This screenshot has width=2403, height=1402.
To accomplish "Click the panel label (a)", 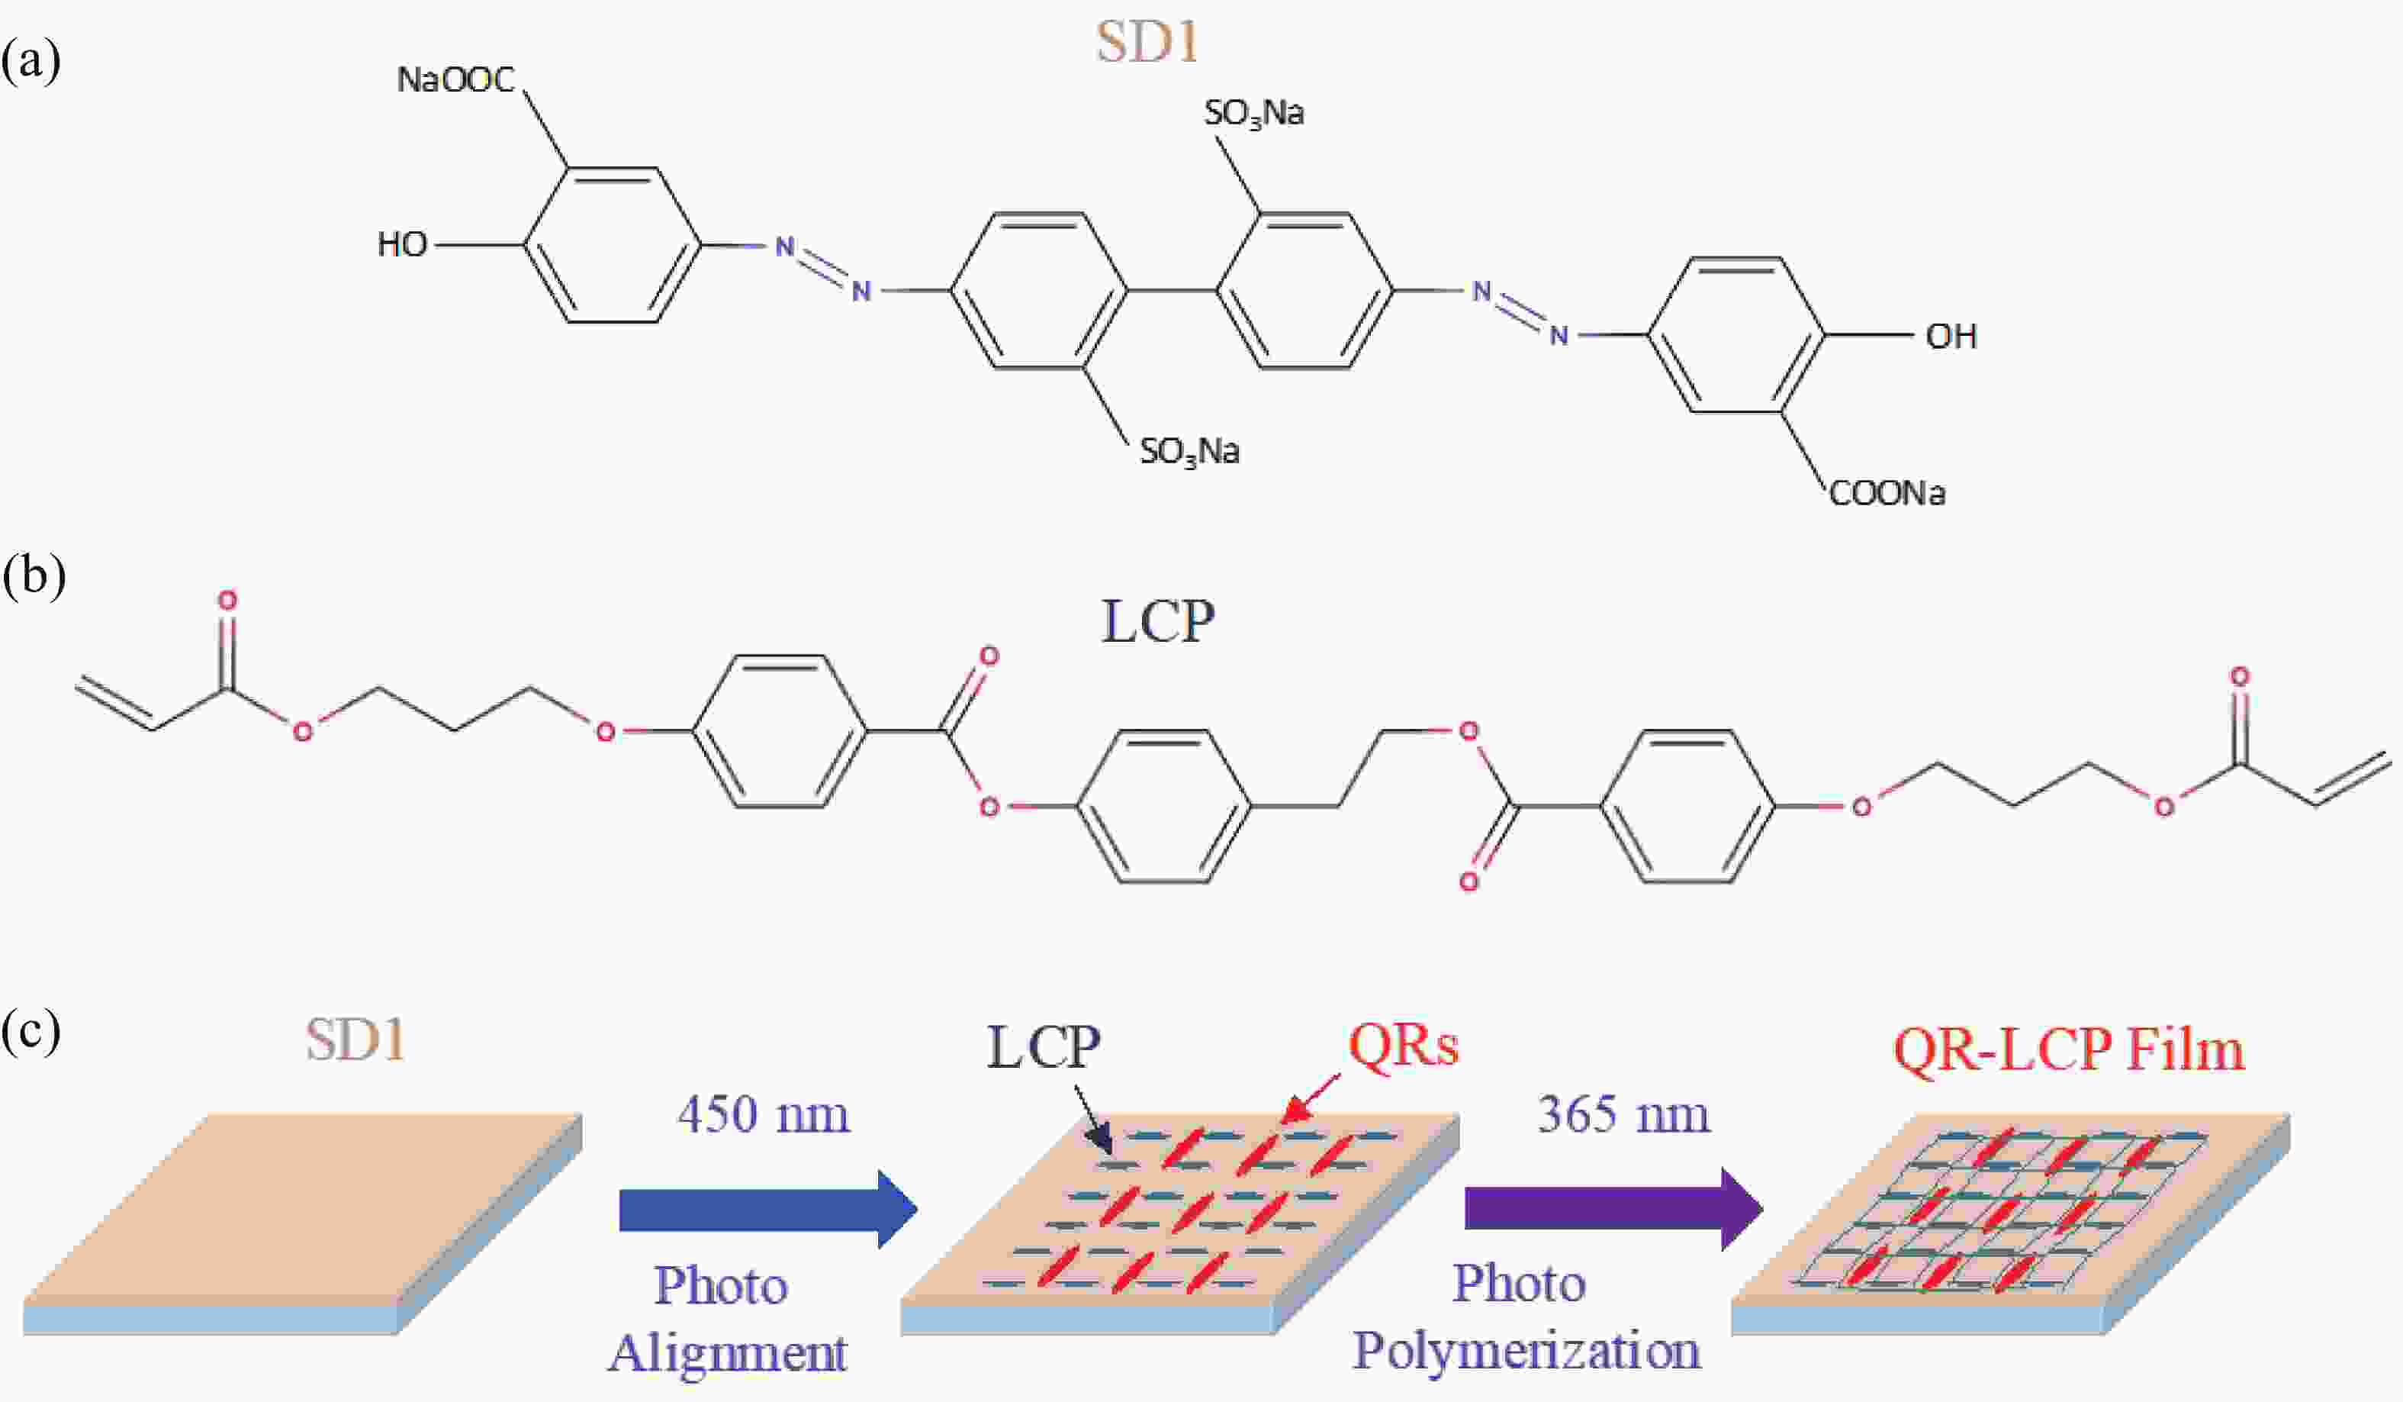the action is point(31,61).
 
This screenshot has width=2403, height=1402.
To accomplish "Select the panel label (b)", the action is point(34,578).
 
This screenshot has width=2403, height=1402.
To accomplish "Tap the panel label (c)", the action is point(31,1033).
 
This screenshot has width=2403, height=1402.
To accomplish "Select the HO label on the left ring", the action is point(401,244).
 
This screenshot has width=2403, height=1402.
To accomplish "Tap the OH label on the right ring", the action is point(1951,336).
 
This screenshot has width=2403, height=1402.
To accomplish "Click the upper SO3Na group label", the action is point(1254,114).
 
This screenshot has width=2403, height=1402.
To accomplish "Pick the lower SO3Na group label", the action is point(1190,451).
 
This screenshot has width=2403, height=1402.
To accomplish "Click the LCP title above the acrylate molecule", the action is point(1158,622).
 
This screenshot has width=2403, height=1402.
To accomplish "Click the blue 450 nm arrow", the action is point(767,1210).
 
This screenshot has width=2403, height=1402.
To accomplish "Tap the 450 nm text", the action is point(763,1114).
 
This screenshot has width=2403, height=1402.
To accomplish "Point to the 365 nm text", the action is point(1623,1114).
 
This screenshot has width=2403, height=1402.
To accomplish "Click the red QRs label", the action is point(1404,1046).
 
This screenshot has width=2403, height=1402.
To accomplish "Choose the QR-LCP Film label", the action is point(2068,1050).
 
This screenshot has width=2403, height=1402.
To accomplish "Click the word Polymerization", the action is point(1526,1351).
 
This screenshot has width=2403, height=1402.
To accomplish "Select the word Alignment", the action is point(728,1353).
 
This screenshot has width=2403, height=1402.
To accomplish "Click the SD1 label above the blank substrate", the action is point(355,1039).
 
